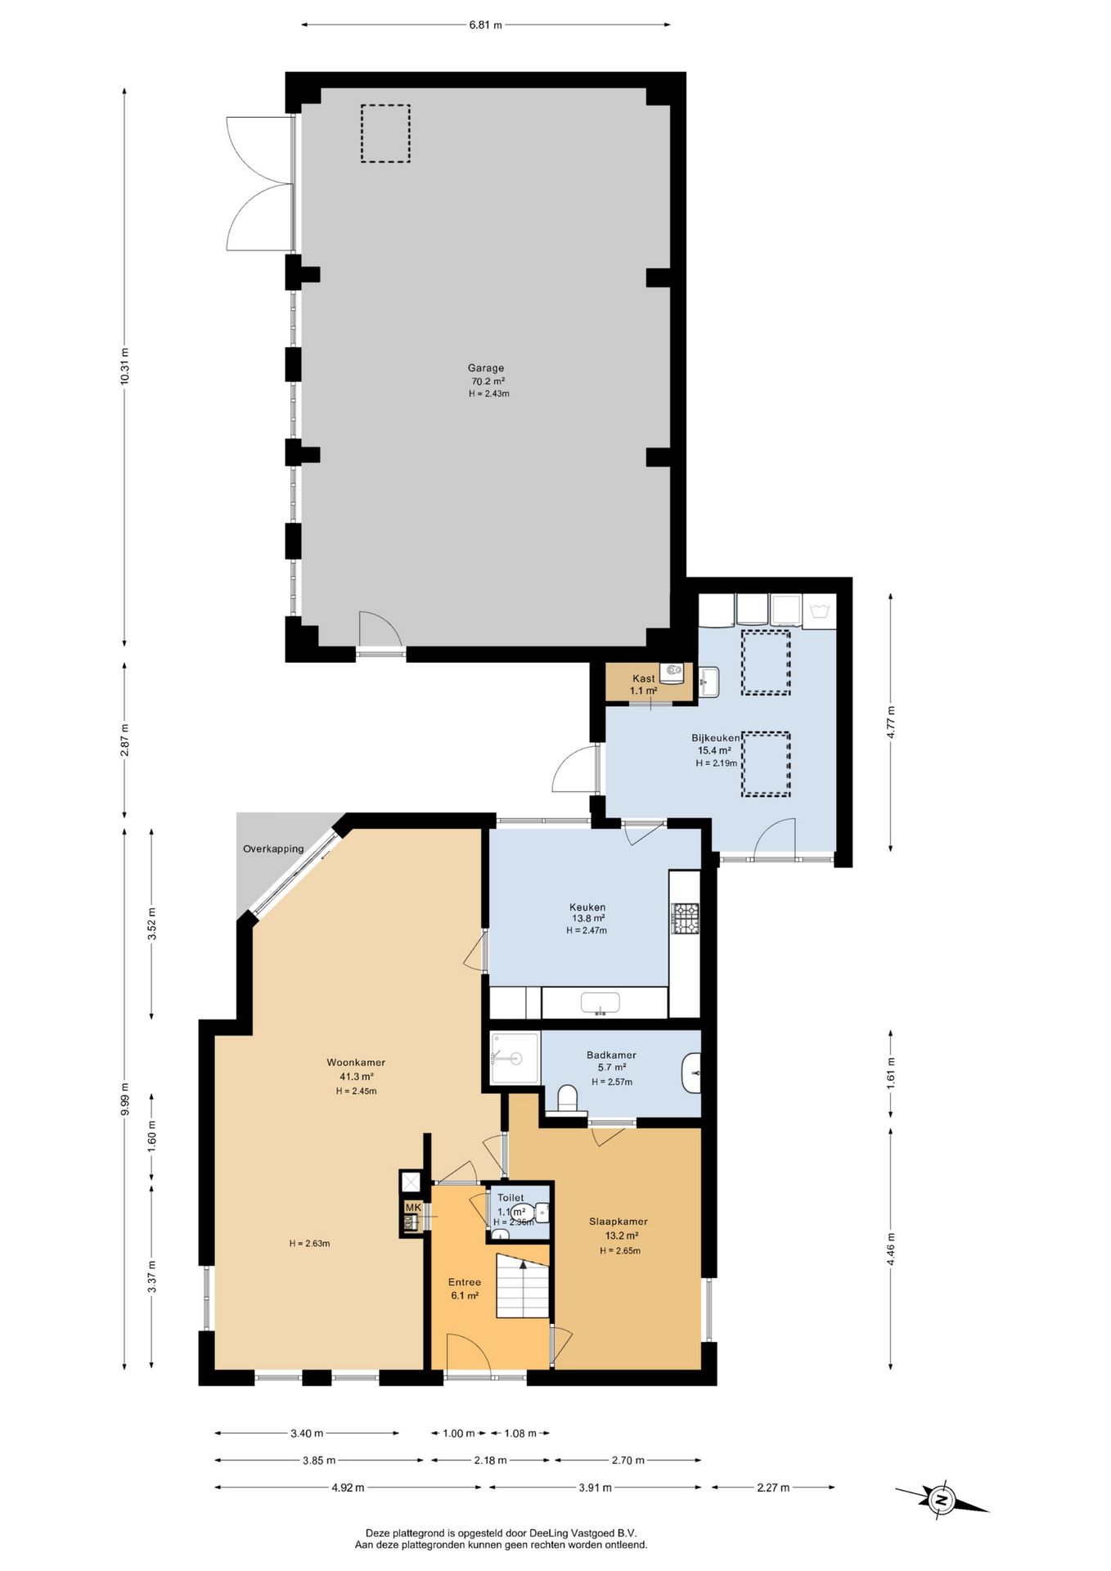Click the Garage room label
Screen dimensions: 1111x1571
pyautogui.click(x=486, y=368)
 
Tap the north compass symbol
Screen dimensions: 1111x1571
pyautogui.click(x=942, y=1500)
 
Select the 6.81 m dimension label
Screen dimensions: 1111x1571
pyautogui.click(x=485, y=25)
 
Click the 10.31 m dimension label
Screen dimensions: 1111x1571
pyautogui.click(x=124, y=367)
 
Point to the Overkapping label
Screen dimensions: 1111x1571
pyautogui.click(x=273, y=849)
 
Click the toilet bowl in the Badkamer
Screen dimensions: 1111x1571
pyautogui.click(x=566, y=1098)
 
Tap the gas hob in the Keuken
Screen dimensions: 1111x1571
pyautogui.click(x=686, y=918)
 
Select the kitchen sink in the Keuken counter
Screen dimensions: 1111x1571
pyautogui.click(x=600, y=1002)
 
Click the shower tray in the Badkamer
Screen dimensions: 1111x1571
pyautogui.click(x=515, y=1058)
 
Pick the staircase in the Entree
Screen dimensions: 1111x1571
pyautogui.click(x=522, y=1290)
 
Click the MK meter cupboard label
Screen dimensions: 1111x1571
pyautogui.click(x=412, y=1208)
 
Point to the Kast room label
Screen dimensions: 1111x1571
pyautogui.click(x=644, y=678)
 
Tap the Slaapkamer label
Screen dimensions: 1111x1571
pyautogui.click(x=618, y=1222)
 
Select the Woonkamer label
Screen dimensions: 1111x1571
pyautogui.click(x=356, y=1062)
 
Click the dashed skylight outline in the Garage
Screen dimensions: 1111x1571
pyautogui.click(x=385, y=133)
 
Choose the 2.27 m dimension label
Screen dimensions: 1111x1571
pyautogui.click(x=773, y=1488)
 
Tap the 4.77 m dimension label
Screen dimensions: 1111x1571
pyautogui.click(x=891, y=721)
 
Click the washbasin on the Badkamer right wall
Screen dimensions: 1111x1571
pyautogui.click(x=691, y=1073)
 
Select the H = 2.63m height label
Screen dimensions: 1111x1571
pyautogui.click(x=309, y=1244)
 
